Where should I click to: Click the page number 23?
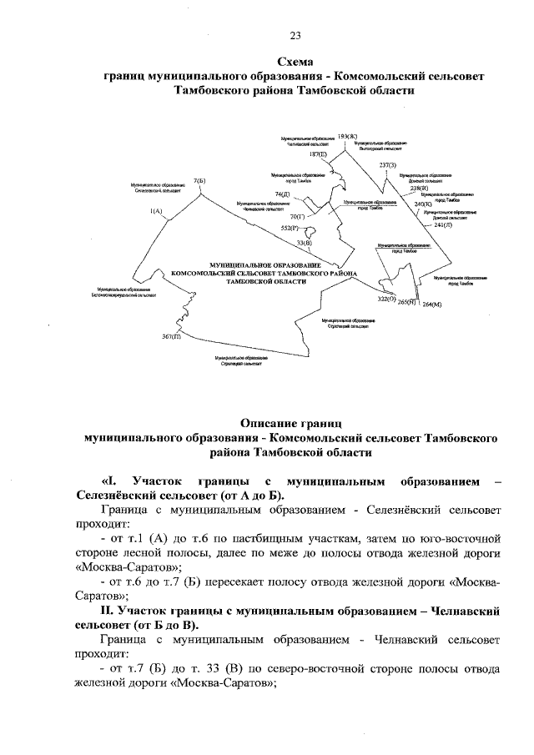pos(295,35)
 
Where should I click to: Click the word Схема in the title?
pos(295,61)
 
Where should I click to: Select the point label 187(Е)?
pos(318,154)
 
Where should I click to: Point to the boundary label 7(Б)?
pos(199,180)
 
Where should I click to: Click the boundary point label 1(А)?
pos(155,212)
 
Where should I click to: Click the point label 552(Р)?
pos(289,227)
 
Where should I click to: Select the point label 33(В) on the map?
pos(305,243)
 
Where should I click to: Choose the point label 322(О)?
pos(386,299)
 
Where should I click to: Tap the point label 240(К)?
pos(423,204)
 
